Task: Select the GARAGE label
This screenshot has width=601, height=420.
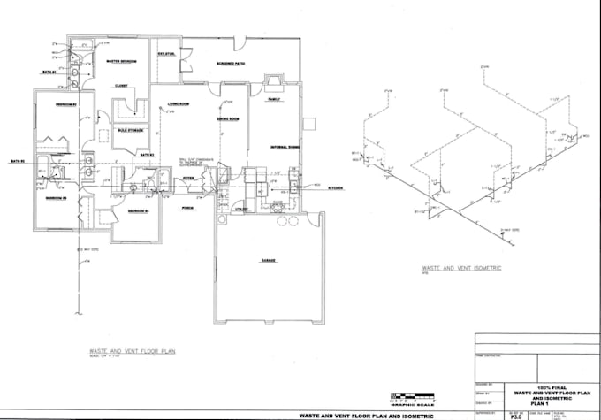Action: pos(269,262)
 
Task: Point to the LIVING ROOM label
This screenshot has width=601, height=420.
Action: pos(179,104)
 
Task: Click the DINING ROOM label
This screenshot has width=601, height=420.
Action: pos(229,118)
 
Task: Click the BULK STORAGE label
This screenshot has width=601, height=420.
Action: pos(131,131)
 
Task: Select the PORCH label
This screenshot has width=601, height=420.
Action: pos(187,210)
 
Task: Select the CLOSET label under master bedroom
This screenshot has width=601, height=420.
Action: pos(121,86)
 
